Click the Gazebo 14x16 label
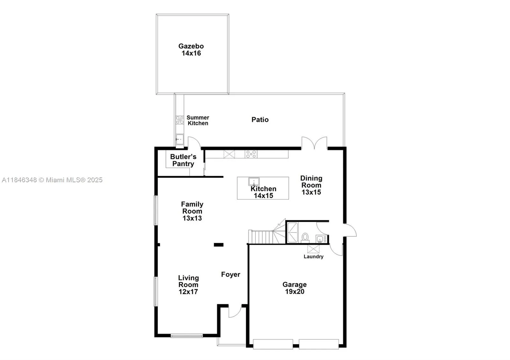pyautogui.click(x=191, y=50)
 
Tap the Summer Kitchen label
pyautogui.click(x=198, y=120)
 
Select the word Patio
pyautogui.click(x=260, y=119)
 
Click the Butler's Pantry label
pyautogui.click(x=183, y=160)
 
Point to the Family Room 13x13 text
pyautogui.click(x=192, y=211)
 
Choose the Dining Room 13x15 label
pyautogui.click(x=311, y=185)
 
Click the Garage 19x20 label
pyautogui.click(x=295, y=288)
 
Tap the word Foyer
pyautogui.click(x=230, y=274)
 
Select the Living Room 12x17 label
pyautogui.click(x=188, y=284)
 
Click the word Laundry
pyautogui.click(x=313, y=256)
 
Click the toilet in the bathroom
pyautogui.click(x=305, y=237)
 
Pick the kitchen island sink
pyautogui.click(x=254, y=181)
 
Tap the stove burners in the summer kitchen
pyautogui.click(x=180, y=120)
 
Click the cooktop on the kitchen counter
pyautogui.click(x=251, y=154)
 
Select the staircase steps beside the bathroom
pyautogui.click(x=261, y=237)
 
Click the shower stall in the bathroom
pyautogui.click(x=292, y=233)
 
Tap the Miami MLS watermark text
pyautogui.click(x=52, y=180)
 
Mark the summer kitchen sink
pyautogui.click(x=180, y=139)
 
